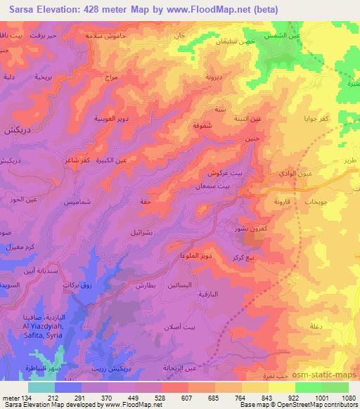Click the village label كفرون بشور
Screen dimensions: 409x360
tap(251, 228)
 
